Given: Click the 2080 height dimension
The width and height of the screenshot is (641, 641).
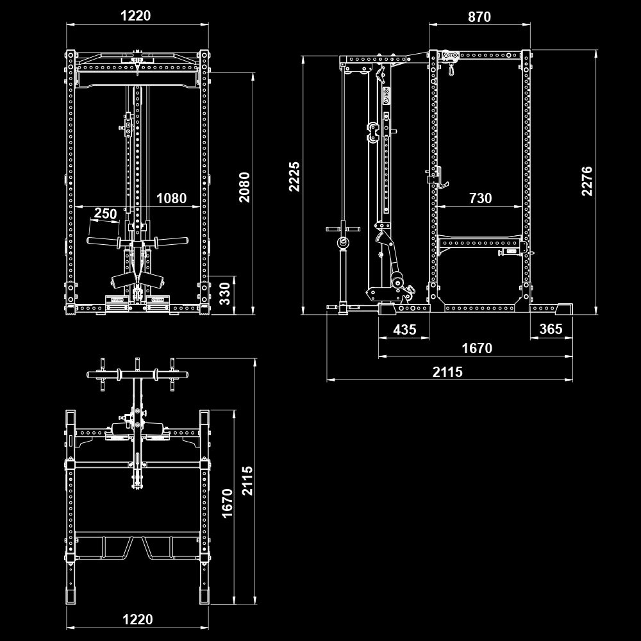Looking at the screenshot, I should pyautogui.click(x=244, y=187).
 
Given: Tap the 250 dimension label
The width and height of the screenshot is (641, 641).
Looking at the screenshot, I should pyautogui.click(x=105, y=213).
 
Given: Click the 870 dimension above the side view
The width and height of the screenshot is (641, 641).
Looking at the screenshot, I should pyautogui.click(x=479, y=17).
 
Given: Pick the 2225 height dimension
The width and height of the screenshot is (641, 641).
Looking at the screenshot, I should pyautogui.click(x=294, y=176).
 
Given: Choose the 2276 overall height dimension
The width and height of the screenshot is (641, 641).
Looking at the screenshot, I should pyautogui.click(x=587, y=181).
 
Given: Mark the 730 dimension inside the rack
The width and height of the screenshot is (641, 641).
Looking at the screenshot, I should pyautogui.click(x=480, y=199).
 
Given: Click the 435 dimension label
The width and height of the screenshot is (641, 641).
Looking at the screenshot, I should pyautogui.click(x=404, y=329).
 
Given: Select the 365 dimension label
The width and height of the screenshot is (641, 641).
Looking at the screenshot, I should pyautogui.click(x=551, y=329).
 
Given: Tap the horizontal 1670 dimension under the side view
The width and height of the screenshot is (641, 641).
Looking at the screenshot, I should pyautogui.click(x=477, y=349).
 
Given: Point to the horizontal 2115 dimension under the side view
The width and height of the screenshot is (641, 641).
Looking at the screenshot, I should pyautogui.click(x=447, y=372).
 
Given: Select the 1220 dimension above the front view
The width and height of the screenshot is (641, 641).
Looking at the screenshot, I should pyautogui.click(x=136, y=16).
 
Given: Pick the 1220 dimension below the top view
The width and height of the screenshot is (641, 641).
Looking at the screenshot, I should pyautogui.click(x=138, y=619).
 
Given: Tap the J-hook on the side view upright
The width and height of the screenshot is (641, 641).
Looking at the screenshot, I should pyautogui.click(x=441, y=178).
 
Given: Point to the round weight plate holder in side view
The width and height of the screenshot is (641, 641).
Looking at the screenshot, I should pyautogui.click(x=344, y=242).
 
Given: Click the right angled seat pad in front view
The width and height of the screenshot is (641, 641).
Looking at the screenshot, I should pyautogui.click(x=153, y=279).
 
